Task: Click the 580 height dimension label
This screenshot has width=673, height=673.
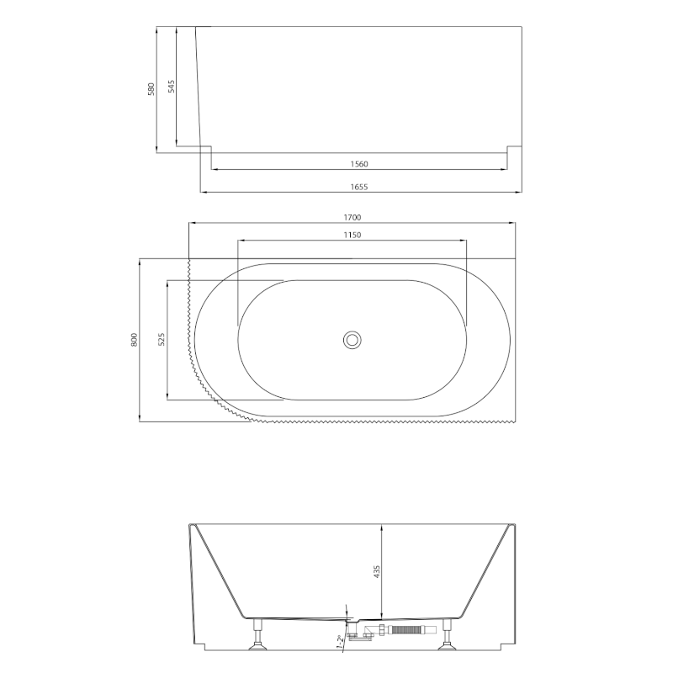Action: pyautogui.click(x=151, y=89)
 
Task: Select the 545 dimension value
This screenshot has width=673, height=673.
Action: pyautogui.click(x=171, y=87)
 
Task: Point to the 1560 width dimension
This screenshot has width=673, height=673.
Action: pyautogui.click(x=359, y=163)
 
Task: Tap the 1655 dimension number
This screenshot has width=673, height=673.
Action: pyautogui.click(x=359, y=187)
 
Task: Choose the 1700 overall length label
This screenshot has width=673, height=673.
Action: pyautogui.click(x=352, y=217)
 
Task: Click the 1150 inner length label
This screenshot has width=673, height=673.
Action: pyautogui.click(x=352, y=235)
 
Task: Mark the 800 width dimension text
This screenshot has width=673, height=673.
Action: pyautogui.click(x=135, y=340)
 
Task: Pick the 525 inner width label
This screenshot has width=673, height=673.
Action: pyautogui.click(x=162, y=340)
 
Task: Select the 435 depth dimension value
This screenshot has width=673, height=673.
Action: pyautogui.click(x=377, y=572)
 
